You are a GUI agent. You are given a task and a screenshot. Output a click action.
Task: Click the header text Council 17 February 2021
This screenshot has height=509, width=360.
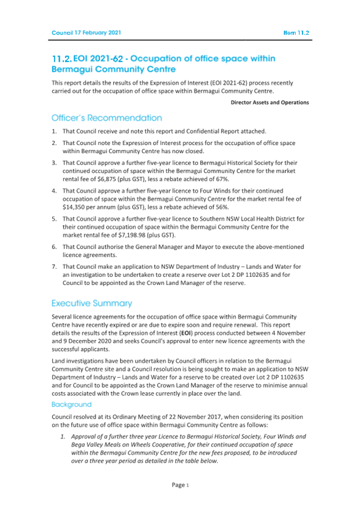pos(86,33)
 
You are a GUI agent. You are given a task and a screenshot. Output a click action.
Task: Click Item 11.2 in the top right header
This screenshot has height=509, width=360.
pos(297,33)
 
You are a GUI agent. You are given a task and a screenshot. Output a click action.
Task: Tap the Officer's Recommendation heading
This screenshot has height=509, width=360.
pos(107,117)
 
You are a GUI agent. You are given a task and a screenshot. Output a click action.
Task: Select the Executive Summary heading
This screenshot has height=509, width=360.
pos(91,303)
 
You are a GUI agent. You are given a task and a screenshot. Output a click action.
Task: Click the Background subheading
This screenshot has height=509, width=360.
pos(71,405)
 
